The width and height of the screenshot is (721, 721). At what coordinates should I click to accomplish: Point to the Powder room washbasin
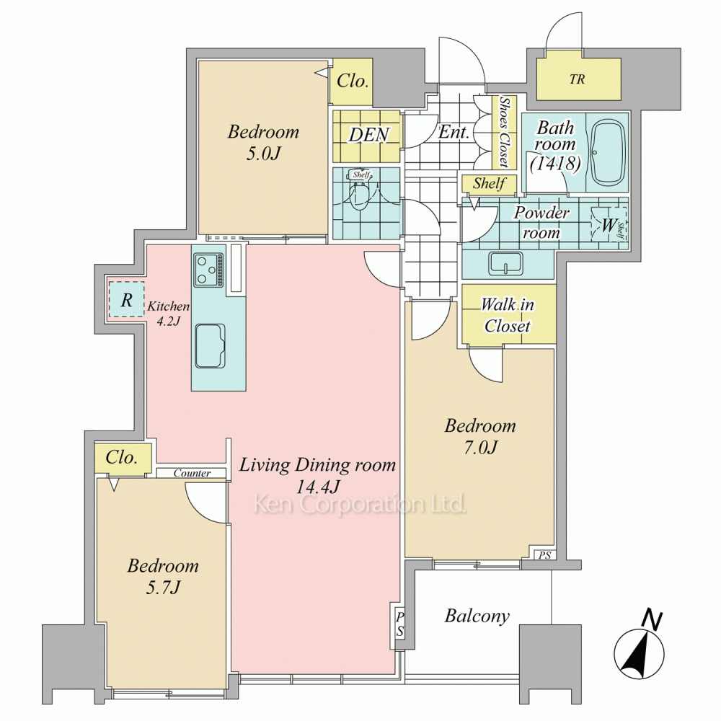505,263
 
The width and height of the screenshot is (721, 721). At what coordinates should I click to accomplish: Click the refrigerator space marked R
126,299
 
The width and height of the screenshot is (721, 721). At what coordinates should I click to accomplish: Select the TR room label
577,79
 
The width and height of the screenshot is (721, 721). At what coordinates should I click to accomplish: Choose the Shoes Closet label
505,132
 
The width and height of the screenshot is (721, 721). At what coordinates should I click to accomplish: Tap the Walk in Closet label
508,316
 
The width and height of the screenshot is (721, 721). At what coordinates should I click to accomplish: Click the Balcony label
477,616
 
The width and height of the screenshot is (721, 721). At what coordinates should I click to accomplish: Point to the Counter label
193,473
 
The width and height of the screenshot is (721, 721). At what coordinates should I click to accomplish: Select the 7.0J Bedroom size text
480,447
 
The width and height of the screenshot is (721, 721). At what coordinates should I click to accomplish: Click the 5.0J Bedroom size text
263,154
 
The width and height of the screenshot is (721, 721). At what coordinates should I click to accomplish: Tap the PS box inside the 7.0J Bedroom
544,555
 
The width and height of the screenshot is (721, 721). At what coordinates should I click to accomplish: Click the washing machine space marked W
609,225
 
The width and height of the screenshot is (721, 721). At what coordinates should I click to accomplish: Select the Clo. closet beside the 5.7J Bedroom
123,458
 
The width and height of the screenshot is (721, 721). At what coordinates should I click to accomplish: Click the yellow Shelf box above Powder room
490,183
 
